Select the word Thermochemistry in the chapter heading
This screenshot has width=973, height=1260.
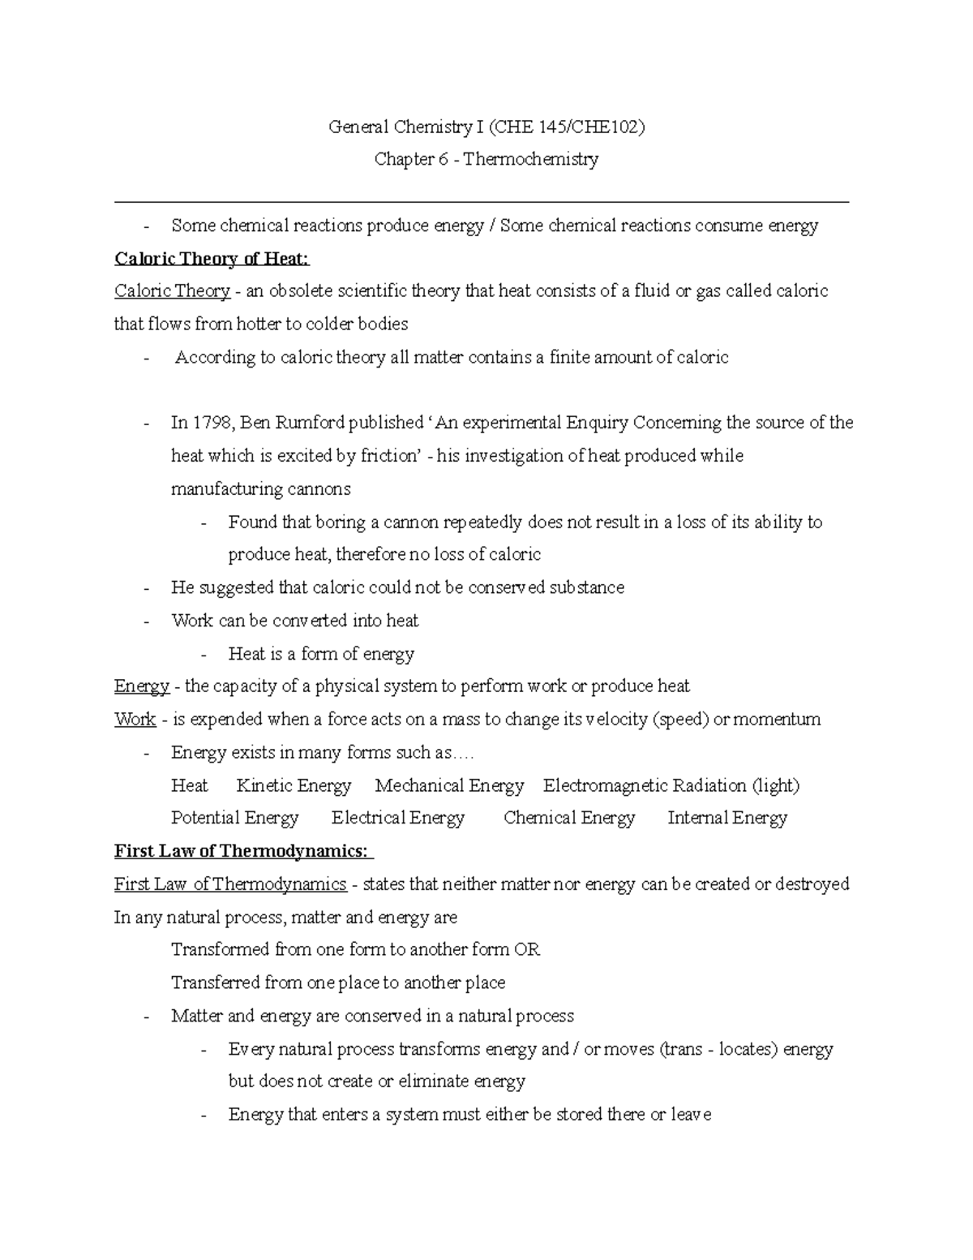[531, 159]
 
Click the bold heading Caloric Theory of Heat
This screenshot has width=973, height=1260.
[212, 259]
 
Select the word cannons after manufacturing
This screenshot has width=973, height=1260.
[318, 489]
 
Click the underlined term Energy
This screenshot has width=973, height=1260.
[142, 686]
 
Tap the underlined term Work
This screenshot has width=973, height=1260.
[135, 720]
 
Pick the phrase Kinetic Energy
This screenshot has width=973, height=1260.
[294, 785]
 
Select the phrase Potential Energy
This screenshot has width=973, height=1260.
[235, 818]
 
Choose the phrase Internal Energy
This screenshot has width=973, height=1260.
[727, 818]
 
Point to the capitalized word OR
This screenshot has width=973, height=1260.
[527, 949]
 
